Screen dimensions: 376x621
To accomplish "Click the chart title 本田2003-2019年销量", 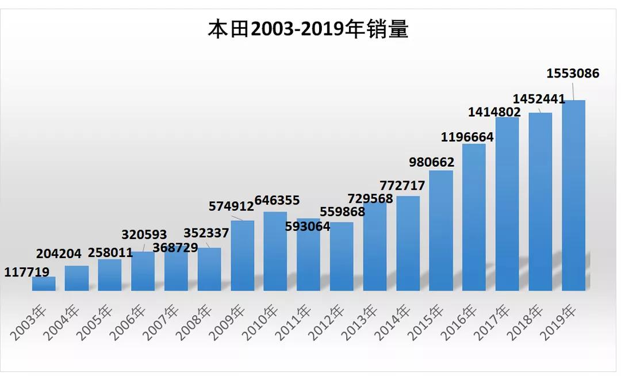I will pos(308,29).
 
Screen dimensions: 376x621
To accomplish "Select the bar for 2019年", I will pos(573,195).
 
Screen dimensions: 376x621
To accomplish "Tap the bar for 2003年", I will pos(44,283).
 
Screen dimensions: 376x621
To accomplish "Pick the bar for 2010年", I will pos(275,251).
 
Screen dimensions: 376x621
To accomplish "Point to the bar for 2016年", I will pos(474,217).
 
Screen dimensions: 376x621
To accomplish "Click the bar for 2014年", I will pos(408,243).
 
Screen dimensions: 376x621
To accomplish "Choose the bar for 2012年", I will pos(342,256).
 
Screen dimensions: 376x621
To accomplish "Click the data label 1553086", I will pos(573,74).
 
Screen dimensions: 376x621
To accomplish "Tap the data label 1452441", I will pos(540,98).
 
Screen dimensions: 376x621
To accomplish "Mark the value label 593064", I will pos(308,227).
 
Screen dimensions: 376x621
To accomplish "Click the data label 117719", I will pos(27,272).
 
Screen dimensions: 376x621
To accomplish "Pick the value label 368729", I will pos(175,248).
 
